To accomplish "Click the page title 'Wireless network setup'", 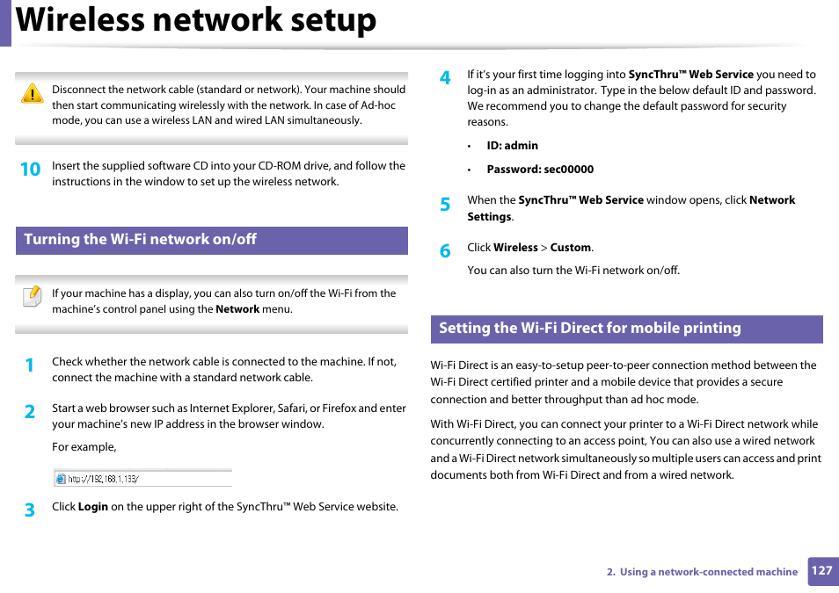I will click(x=196, y=20).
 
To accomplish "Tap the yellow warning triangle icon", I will click(x=32, y=94).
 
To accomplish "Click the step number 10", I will click(x=30, y=170).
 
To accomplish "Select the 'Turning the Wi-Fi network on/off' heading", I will click(x=141, y=240).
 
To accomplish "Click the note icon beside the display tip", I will click(x=32, y=296).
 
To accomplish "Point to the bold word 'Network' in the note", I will click(x=237, y=309).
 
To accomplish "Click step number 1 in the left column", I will click(x=30, y=365).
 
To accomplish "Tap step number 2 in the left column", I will click(x=30, y=412).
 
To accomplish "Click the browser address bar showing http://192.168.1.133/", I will click(x=143, y=479).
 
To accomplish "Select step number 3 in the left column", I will click(x=30, y=510).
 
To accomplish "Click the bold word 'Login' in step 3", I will click(x=92, y=507).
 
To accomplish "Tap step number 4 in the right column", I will click(x=445, y=78).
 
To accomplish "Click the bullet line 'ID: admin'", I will click(x=512, y=146).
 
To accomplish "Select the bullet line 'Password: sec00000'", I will click(x=540, y=170).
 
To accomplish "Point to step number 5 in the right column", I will click(x=445, y=204).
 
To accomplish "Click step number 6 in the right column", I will click(x=445, y=251).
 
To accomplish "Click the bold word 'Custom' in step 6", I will click(x=571, y=248).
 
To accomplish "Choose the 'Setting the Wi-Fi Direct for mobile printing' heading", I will click(x=590, y=329).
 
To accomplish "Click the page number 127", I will click(x=821, y=571).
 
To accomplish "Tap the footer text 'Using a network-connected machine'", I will click(x=708, y=572).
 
